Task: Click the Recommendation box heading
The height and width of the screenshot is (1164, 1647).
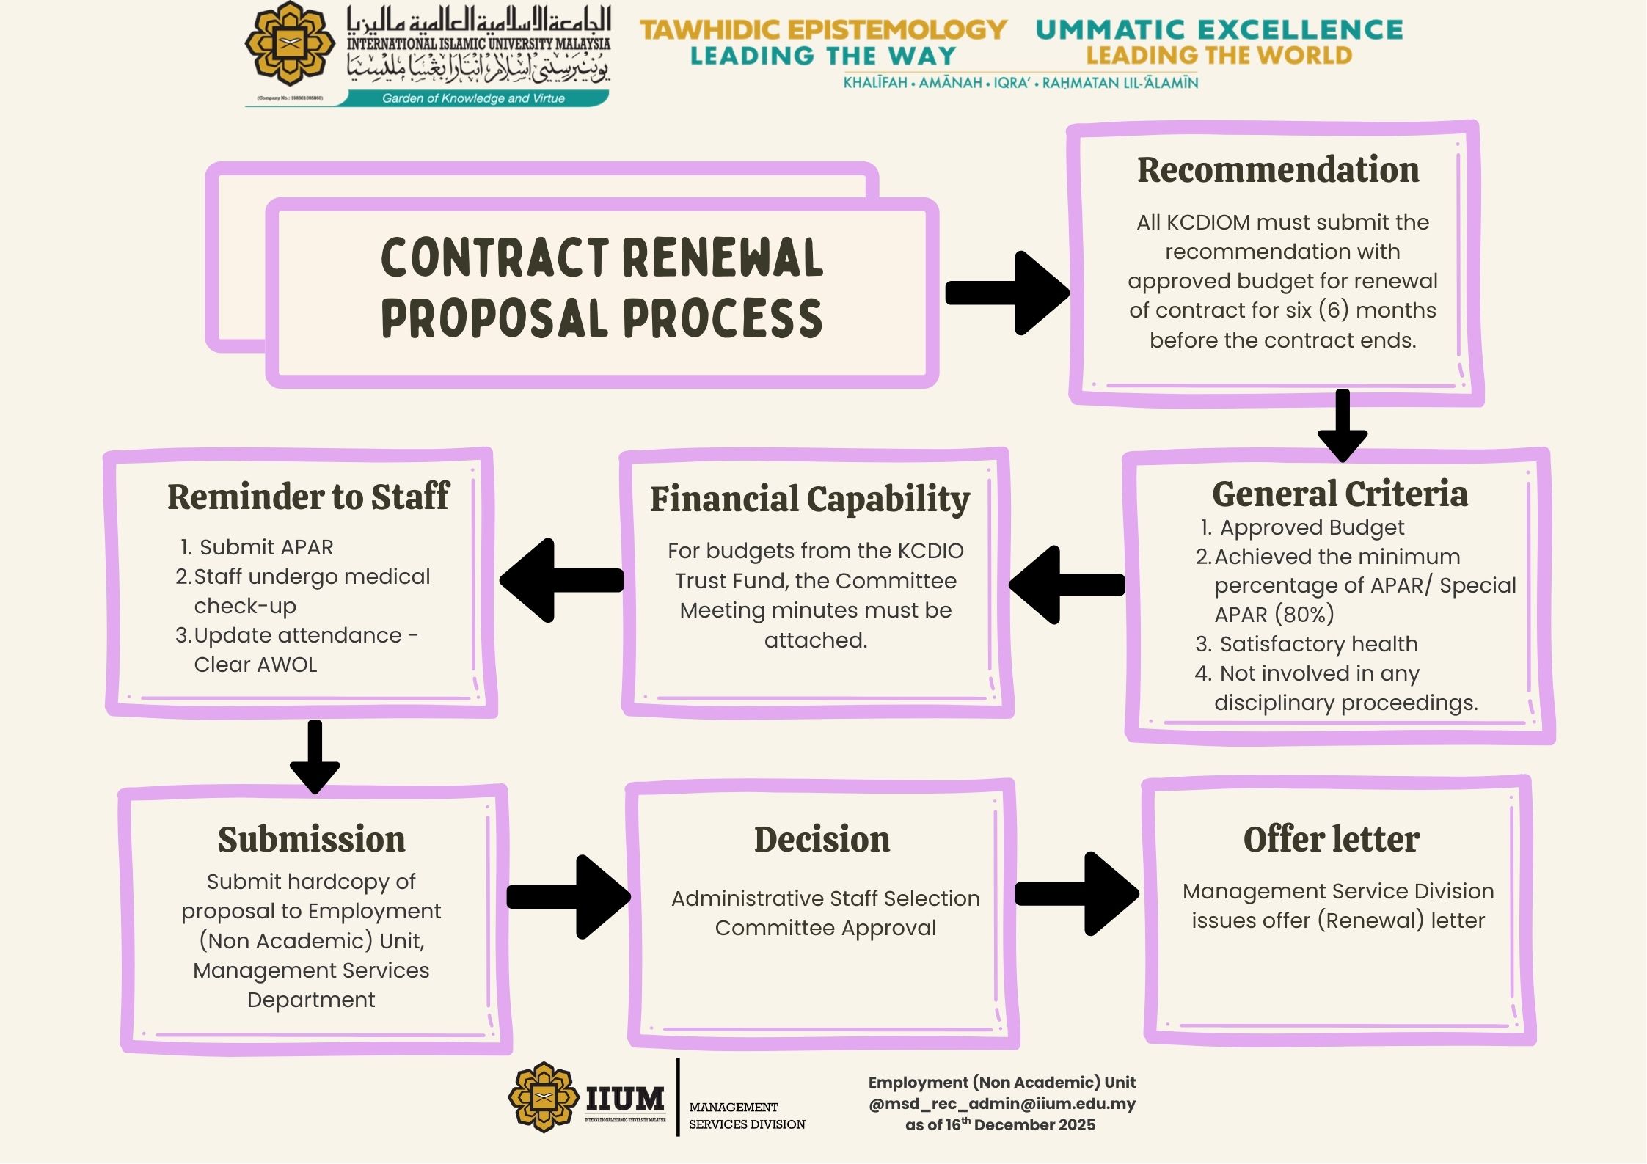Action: (x=1278, y=170)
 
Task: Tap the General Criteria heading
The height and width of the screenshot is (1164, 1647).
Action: (x=1340, y=494)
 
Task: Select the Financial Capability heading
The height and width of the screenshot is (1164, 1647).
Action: (x=810, y=499)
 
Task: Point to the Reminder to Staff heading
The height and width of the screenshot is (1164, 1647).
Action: (x=308, y=497)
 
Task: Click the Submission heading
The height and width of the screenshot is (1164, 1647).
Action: (x=312, y=840)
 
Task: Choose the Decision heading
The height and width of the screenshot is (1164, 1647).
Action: (x=822, y=840)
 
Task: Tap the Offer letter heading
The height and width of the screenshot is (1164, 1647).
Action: (x=1332, y=840)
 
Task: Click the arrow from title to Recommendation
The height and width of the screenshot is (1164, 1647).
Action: (x=1007, y=293)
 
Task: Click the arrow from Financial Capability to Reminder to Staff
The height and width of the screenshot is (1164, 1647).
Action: (x=560, y=580)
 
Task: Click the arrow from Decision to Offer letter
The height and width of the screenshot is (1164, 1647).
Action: (x=1077, y=893)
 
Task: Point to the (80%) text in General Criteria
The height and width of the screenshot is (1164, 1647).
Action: (x=1304, y=615)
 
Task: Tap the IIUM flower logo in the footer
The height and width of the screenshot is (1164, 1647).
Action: (x=543, y=1097)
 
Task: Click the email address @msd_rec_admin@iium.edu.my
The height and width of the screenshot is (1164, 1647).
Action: (x=1002, y=1104)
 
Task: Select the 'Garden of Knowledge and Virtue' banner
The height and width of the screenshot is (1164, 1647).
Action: (x=473, y=98)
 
